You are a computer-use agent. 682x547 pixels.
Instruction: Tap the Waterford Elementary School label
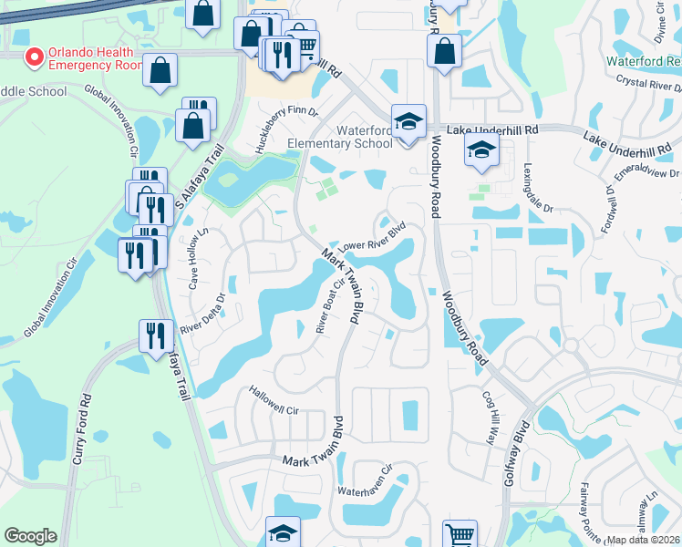click(x=339, y=137)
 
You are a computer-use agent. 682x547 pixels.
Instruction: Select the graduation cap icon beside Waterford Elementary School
click(x=408, y=121)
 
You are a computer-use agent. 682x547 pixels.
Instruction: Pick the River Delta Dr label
click(x=202, y=314)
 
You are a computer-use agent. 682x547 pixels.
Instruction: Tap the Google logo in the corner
click(x=30, y=536)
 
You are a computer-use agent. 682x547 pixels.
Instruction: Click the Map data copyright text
click(x=644, y=540)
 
